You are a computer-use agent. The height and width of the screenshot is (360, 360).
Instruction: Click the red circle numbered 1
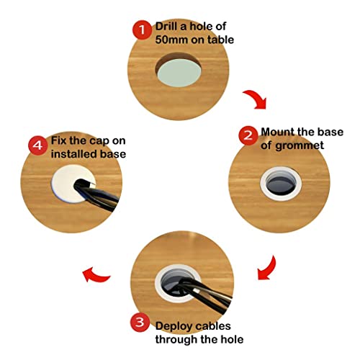[x=142, y=30]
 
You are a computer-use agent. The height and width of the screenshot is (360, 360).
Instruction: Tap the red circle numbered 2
[x=248, y=135]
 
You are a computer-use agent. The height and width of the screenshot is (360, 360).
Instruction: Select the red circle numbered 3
[x=140, y=322]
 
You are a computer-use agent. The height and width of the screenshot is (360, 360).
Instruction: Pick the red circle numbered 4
[x=38, y=145]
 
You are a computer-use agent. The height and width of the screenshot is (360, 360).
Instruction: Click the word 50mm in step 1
[x=171, y=40]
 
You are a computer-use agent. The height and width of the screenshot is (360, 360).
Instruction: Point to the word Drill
[x=166, y=27]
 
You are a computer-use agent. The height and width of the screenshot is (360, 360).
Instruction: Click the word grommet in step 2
[x=300, y=146]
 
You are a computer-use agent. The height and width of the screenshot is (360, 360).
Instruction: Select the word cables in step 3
[x=211, y=326]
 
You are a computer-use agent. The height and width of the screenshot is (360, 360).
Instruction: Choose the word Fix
[x=58, y=140]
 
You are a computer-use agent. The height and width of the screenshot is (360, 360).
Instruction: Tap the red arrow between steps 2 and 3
[x=269, y=269]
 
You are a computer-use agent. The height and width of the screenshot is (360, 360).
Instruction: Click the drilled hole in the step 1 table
[x=179, y=70]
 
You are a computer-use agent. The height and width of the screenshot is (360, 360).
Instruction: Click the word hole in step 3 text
[x=232, y=340]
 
